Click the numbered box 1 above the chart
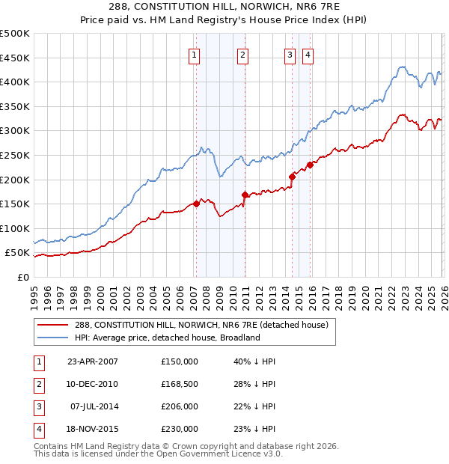[195, 54]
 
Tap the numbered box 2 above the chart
[243, 54]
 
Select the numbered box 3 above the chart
[290, 54]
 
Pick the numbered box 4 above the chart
[308, 54]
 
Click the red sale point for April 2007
[196, 203]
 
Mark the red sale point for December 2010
[244, 195]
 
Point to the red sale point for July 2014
[292, 176]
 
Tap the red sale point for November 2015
[310, 165]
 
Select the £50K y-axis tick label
[17, 253]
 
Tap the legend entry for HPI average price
[167, 338]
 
